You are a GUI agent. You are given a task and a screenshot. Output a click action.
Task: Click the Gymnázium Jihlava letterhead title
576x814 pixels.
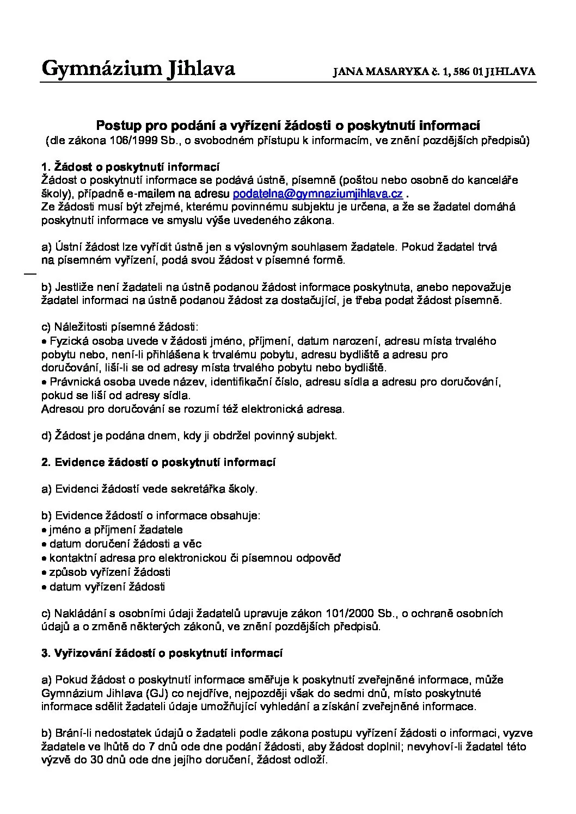pos(138,69)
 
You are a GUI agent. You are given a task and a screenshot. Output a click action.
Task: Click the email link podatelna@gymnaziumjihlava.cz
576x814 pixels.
pos(317,194)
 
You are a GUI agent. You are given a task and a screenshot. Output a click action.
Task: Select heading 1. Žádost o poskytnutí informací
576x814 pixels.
pos(130,166)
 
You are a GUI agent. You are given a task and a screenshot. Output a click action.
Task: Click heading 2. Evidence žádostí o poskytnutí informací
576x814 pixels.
pos(158,462)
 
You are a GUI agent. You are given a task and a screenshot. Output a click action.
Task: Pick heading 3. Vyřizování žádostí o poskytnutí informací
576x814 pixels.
pos(162,653)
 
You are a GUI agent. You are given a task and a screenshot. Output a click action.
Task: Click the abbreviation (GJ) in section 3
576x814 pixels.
pos(157,693)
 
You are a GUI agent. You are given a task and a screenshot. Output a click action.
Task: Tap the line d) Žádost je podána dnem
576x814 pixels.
pos(189,436)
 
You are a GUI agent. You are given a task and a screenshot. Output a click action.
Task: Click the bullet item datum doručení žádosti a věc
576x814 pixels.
pos(125,544)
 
